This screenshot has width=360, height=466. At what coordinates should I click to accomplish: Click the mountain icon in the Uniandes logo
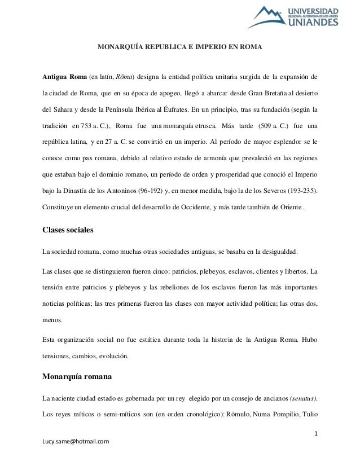coord(275,17)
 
